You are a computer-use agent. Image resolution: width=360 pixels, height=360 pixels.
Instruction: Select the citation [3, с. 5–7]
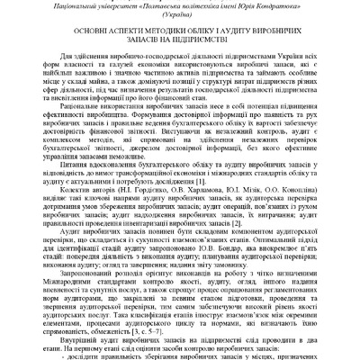tap(177, 330)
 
